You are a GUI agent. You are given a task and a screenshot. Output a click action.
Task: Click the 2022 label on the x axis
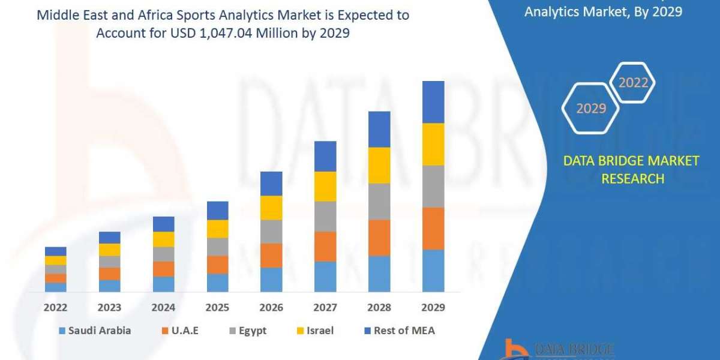coord(55,308)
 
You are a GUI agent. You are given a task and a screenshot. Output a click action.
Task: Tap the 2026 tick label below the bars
coord(271,308)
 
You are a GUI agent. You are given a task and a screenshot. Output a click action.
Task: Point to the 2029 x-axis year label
coord(433,308)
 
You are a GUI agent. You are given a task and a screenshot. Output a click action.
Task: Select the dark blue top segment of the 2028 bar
coord(379,129)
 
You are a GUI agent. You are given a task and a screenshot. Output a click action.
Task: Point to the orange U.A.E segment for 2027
coord(325,247)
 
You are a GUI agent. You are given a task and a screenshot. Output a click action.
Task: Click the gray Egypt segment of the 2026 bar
coord(271,232)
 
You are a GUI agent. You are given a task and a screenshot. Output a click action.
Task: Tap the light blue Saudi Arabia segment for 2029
coord(433,271)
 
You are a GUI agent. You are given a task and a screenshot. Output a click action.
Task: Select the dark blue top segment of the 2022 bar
coord(55,251)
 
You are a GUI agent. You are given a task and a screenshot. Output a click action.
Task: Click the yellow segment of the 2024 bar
coord(163,239)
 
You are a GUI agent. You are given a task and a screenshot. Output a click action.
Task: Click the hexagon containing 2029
coord(590,109)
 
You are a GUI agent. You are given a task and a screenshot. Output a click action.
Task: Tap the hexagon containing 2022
coord(632,82)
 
